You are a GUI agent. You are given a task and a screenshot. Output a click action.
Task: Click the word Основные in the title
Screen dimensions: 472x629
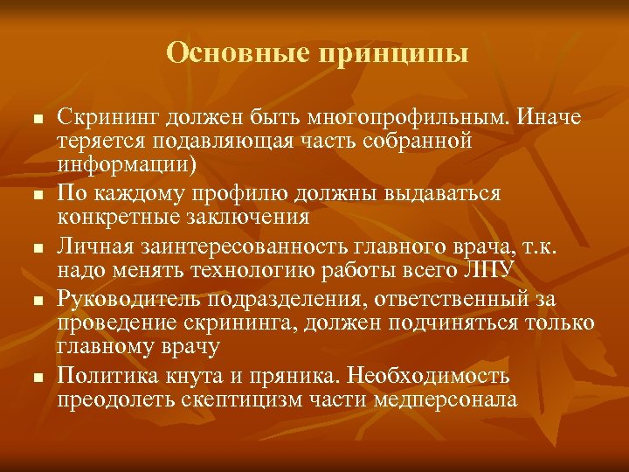pos(237,53)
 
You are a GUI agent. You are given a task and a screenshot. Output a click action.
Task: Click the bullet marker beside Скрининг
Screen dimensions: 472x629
pos(36,118)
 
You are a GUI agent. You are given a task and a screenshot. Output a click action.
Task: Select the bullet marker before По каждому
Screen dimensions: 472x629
pos(36,195)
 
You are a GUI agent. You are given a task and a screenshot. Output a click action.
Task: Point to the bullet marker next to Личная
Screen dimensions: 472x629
pos(36,248)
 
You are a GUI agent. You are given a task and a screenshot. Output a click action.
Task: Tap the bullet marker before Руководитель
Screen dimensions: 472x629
pos(36,302)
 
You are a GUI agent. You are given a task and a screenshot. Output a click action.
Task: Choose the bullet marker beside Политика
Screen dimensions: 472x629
pos(36,378)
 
